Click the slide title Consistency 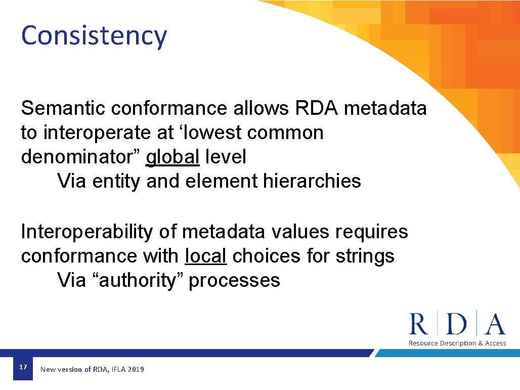point(94,36)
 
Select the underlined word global point(172,157)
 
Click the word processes point(234,280)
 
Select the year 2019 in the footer point(136,370)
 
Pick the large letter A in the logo point(494,324)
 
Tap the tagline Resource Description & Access point(457,343)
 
